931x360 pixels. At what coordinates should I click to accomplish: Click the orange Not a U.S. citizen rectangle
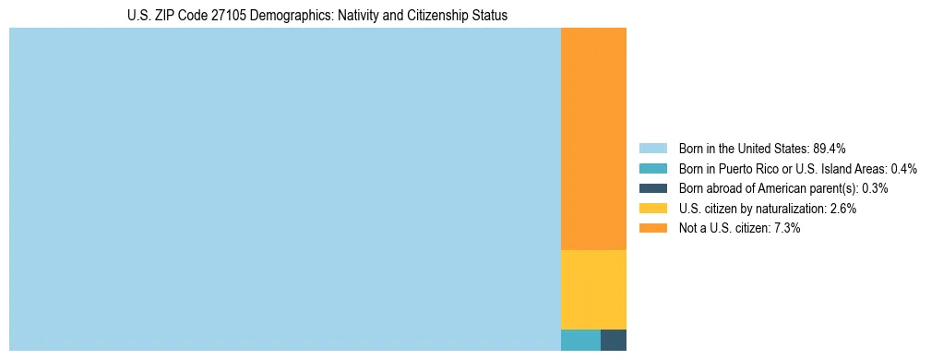click(x=593, y=138)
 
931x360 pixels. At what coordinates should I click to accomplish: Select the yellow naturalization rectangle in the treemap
click(x=593, y=289)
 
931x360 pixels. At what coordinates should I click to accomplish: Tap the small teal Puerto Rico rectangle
click(x=580, y=340)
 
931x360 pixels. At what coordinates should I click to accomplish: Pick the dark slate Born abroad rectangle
click(x=614, y=340)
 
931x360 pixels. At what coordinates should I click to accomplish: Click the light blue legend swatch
click(x=652, y=149)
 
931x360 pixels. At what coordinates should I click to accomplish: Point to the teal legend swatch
click(x=652, y=169)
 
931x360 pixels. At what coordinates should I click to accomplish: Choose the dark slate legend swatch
click(x=652, y=188)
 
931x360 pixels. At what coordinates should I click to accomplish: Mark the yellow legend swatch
click(x=652, y=209)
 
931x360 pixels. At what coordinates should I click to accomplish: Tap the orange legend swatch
click(x=652, y=228)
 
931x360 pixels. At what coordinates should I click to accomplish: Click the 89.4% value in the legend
click(x=830, y=149)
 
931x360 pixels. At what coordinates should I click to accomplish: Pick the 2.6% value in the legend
click(x=842, y=209)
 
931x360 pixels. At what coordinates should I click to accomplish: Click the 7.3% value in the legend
click(x=786, y=228)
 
